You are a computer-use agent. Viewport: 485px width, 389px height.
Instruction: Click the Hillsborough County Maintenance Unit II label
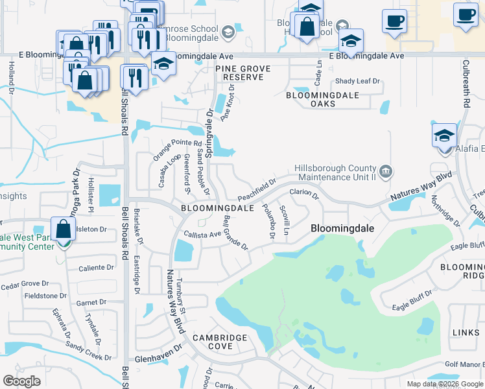335,172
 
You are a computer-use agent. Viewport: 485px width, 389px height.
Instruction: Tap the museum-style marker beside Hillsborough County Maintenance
386,171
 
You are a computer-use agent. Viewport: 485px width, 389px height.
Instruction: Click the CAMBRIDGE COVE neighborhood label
219,342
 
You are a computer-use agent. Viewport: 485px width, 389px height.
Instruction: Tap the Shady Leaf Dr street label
357,82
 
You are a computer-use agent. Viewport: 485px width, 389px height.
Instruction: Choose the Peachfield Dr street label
257,190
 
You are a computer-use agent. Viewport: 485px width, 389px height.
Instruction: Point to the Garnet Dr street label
91,302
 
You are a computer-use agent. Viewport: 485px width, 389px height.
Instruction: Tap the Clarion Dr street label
304,193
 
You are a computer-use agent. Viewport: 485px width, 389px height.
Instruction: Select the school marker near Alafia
445,137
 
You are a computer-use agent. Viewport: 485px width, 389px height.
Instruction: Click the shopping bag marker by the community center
64,231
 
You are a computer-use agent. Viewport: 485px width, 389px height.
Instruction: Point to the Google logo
21,381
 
